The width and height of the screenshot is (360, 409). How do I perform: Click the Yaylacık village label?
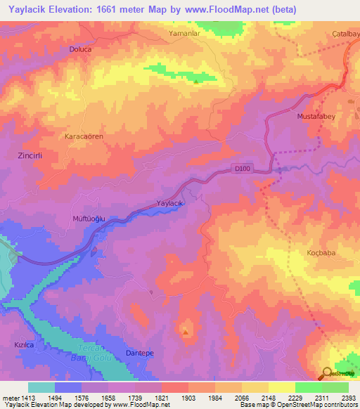pyautogui.click(x=169, y=203)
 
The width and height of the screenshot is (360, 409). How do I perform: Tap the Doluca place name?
pyautogui.click(x=81, y=49)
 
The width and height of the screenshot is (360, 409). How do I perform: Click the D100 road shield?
pyautogui.click(x=242, y=167)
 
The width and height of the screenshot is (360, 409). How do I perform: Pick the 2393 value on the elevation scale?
pyautogui.click(x=347, y=397)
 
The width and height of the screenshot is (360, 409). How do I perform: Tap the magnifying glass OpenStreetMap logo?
pyautogui.click(x=328, y=373)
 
